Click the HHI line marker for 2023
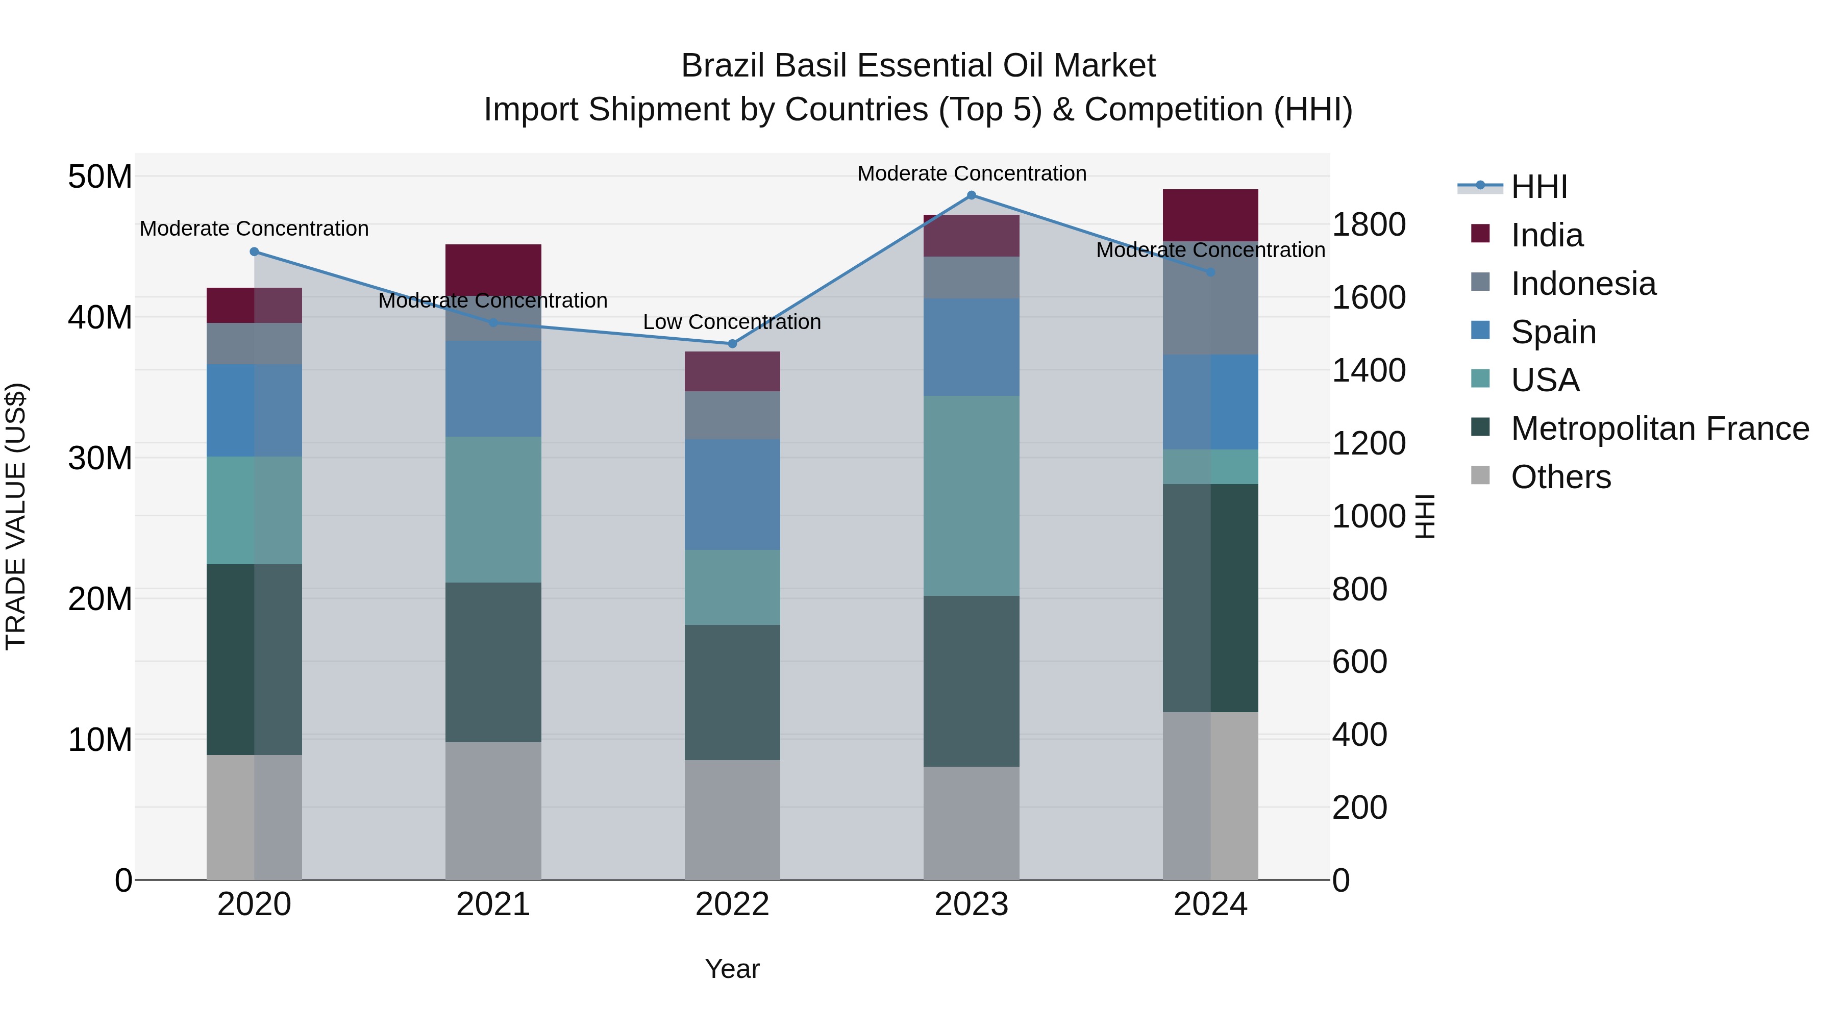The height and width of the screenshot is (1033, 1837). [971, 195]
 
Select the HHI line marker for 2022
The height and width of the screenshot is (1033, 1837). [732, 344]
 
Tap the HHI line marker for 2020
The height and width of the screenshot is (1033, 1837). [254, 251]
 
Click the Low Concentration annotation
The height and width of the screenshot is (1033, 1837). [732, 322]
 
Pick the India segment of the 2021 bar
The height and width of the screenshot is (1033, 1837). [493, 269]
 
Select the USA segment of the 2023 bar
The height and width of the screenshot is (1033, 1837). [971, 495]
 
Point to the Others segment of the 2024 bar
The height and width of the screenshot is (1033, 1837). [1210, 796]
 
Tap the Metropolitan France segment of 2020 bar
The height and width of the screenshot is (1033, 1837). [254, 660]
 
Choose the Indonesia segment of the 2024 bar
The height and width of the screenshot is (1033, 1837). [1210, 298]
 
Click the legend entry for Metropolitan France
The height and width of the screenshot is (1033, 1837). [1659, 429]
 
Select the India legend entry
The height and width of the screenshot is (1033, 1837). [1546, 235]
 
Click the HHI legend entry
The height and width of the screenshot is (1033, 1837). [1538, 187]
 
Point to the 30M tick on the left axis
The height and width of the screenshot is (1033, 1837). [100, 458]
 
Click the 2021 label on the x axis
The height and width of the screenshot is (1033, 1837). [493, 904]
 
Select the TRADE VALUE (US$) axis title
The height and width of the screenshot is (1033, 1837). [16, 516]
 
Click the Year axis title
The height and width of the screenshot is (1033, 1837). [732, 969]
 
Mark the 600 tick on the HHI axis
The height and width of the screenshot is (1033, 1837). [1359, 662]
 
